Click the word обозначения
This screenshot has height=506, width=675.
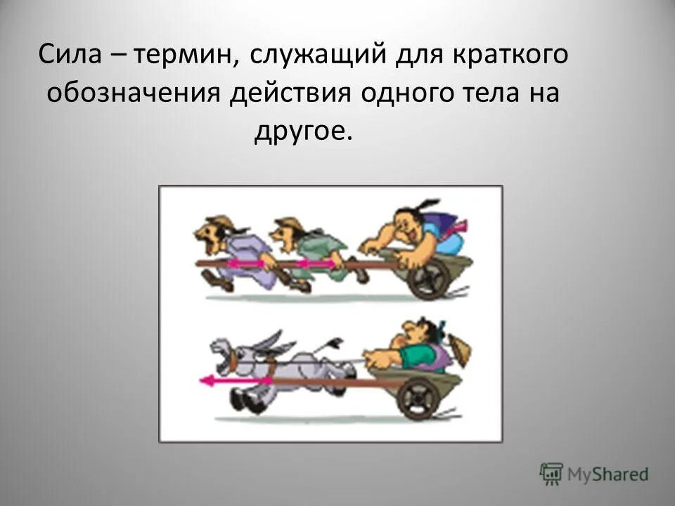click(x=134, y=93)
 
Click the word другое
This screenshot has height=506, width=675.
click(x=301, y=131)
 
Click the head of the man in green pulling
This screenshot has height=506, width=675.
click(x=288, y=232)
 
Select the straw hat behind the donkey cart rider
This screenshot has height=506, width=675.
click(x=461, y=349)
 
